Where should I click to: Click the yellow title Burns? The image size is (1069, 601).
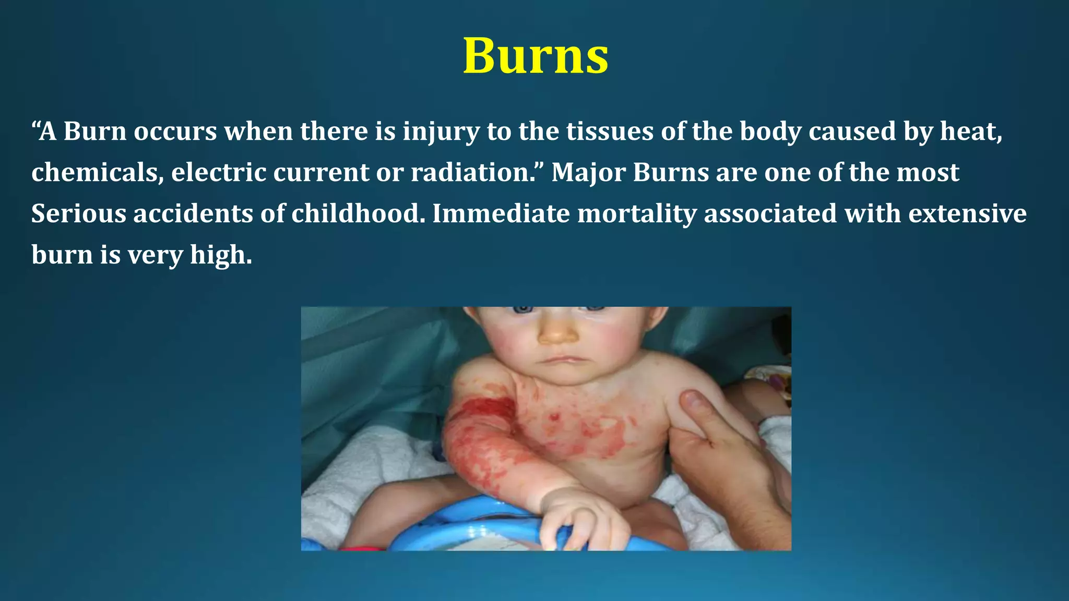coord(536,56)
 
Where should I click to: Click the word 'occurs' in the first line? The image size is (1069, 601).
coord(175,131)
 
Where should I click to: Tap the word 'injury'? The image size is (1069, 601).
coord(441,131)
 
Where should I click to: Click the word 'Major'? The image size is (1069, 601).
coord(588,172)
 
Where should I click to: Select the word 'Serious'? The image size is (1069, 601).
coord(78,213)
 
